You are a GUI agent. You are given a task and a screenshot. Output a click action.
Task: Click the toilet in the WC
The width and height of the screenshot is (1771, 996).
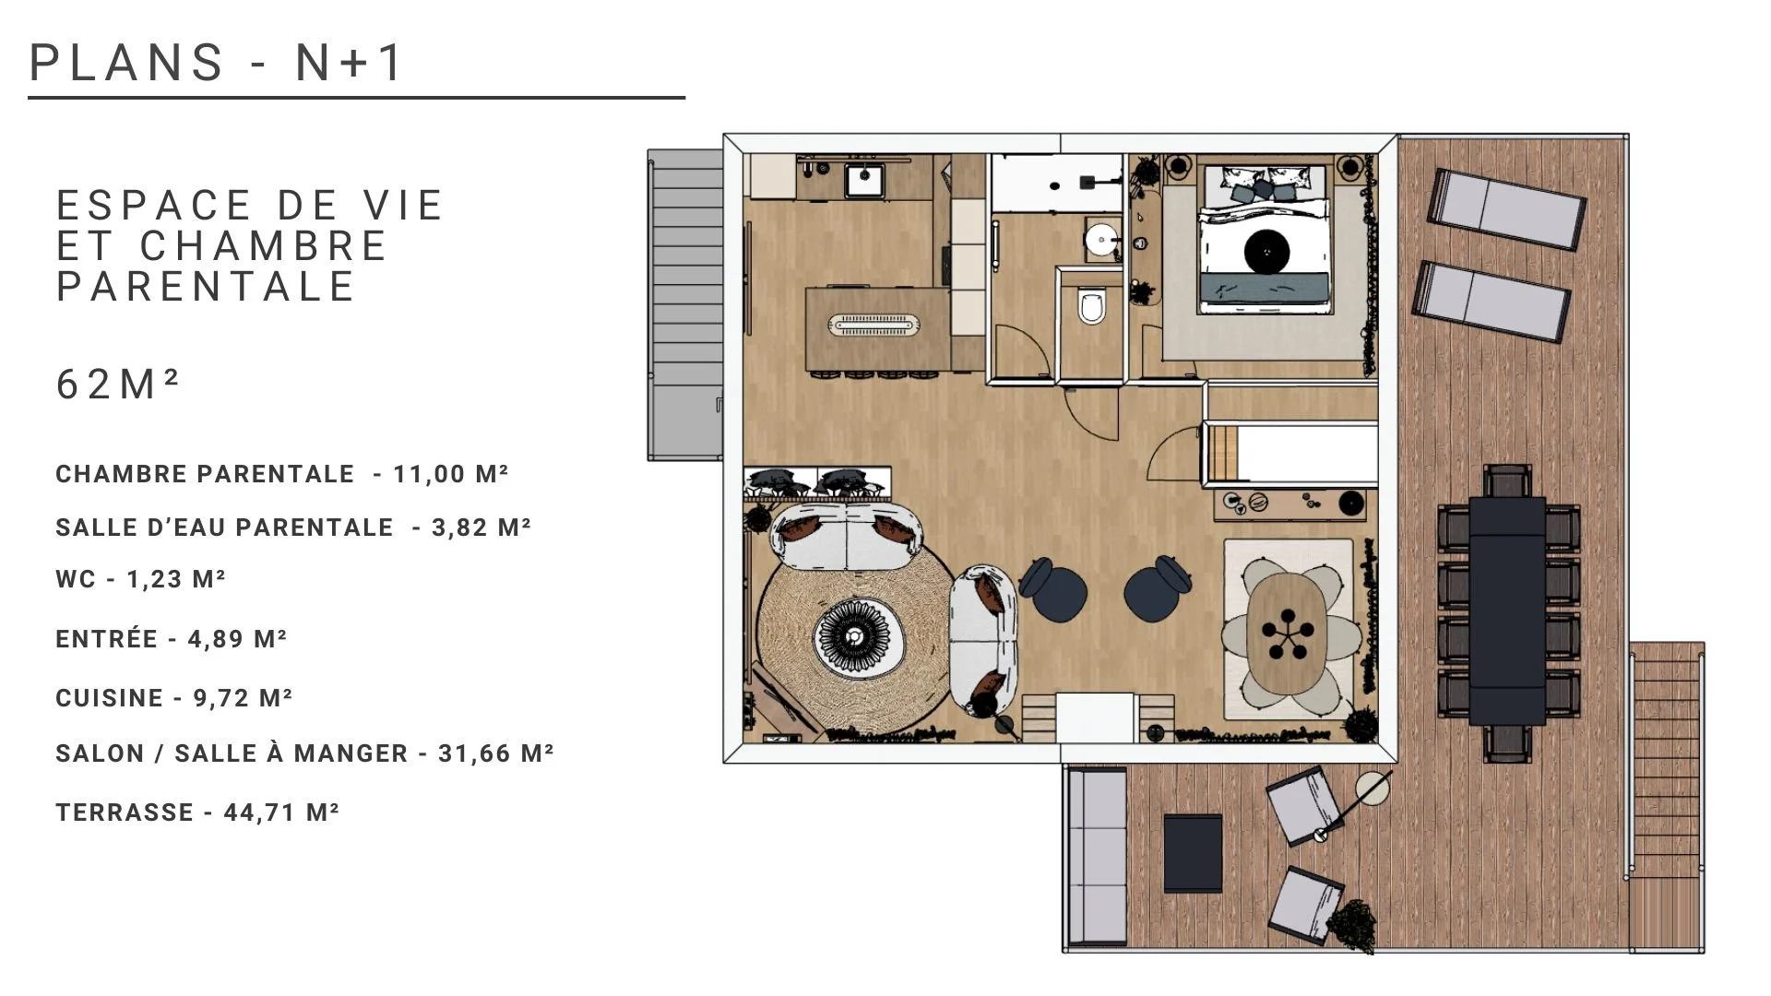point(1091,306)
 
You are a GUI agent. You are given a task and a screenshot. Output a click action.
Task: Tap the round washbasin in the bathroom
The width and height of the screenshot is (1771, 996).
point(1100,240)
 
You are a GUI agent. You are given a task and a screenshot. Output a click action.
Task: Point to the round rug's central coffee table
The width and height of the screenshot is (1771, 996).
point(853,635)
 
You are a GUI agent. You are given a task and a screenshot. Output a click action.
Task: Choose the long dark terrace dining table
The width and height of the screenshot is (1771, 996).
point(1507,611)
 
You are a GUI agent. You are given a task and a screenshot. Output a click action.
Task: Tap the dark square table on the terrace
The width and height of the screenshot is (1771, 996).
point(1193,853)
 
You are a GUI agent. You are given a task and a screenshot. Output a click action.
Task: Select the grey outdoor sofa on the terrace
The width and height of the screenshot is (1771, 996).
point(1097,857)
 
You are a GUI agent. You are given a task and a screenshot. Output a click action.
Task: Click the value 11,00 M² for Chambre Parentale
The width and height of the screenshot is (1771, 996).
point(451,474)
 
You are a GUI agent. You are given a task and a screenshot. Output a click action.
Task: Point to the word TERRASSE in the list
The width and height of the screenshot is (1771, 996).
point(125,812)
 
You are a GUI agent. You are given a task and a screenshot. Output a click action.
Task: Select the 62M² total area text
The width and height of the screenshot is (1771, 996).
point(117,384)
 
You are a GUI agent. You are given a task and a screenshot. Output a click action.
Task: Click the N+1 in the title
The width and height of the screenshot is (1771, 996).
point(349,63)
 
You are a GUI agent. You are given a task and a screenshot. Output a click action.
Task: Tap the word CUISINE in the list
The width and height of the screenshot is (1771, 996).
point(110,698)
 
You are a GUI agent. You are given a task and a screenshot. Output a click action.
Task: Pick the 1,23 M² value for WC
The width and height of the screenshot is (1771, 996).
point(176,579)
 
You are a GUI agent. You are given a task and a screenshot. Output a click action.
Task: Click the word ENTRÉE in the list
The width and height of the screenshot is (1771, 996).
point(107,638)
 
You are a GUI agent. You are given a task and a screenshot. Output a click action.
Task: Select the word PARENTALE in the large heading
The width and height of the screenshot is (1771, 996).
point(206,286)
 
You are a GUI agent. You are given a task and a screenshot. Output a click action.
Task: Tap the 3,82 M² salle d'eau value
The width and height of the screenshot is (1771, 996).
point(481,528)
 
